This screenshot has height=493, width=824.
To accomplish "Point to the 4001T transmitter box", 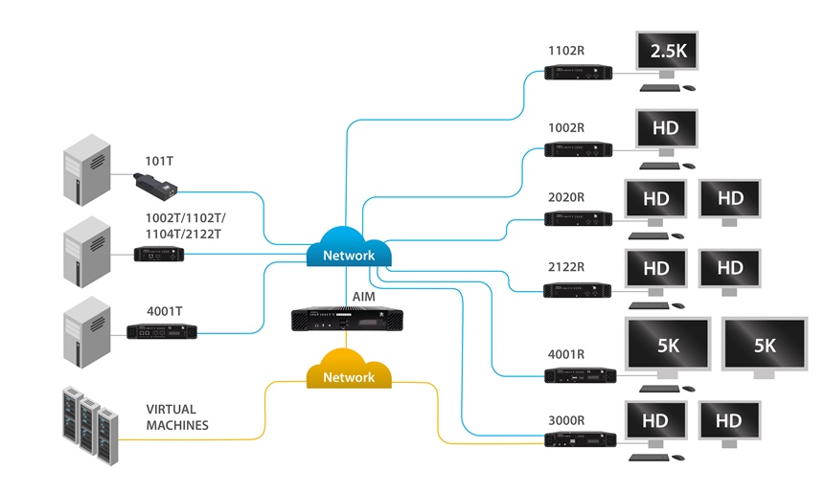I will point(162,331).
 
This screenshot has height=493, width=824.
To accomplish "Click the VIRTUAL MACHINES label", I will point(177,416).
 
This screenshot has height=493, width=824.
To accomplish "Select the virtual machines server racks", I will point(89,422).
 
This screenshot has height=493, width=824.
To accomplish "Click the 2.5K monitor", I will point(668,53).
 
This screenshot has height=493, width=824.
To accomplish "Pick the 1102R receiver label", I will point(565,51).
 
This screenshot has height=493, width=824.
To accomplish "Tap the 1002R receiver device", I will point(578,149).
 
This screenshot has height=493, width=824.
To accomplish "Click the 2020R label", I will point(565,197).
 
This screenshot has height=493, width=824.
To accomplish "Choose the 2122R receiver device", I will point(578,288).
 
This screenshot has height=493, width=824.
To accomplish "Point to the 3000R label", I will point(565,419).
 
